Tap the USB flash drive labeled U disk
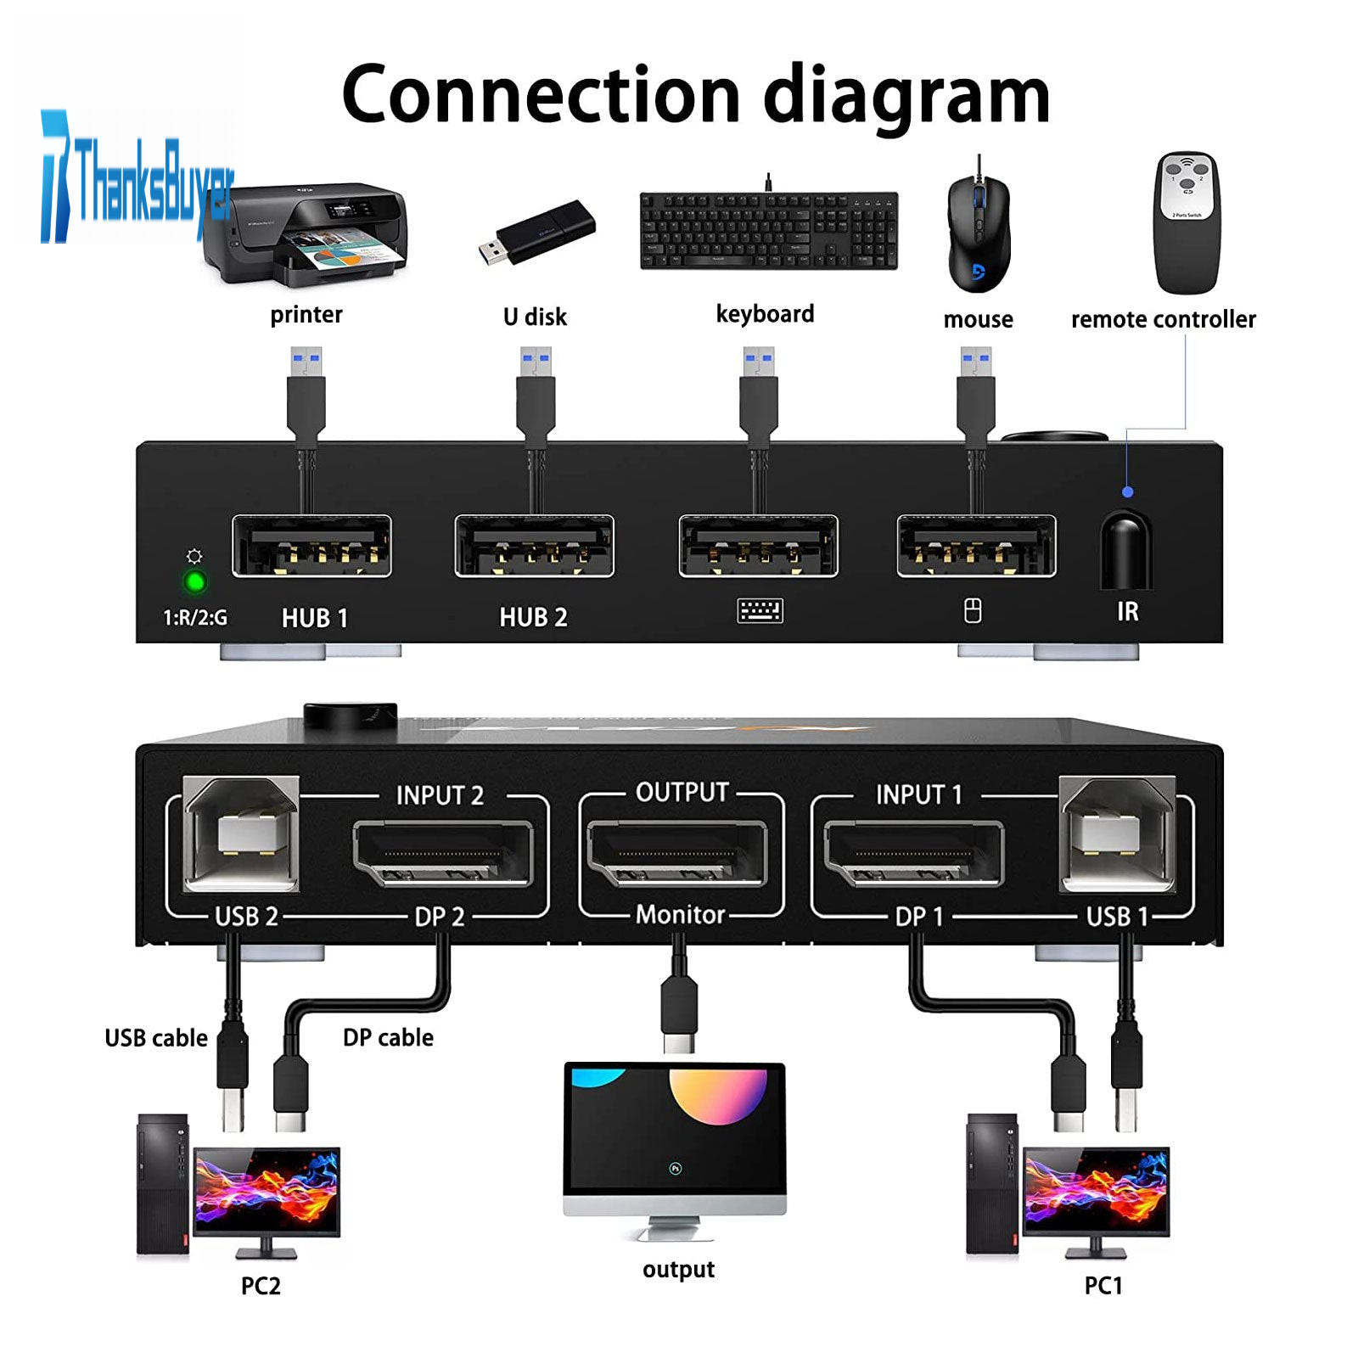click(x=536, y=232)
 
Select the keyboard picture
click(x=768, y=231)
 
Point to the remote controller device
click(x=1187, y=222)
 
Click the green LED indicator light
click(x=195, y=582)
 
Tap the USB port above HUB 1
click(x=311, y=547)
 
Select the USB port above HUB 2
click(x=534, y=547)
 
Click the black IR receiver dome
click(x=1125, y=550)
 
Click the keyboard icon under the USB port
click(x=760, y=610)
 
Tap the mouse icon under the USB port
click(x=973, y=610)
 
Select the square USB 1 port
click(x=1117, y=834)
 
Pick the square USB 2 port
click(x=242, y=834)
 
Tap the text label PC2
click(x=260, y=1286)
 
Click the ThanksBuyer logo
click(x=136, y=178)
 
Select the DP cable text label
click(x=388, y=1037)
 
